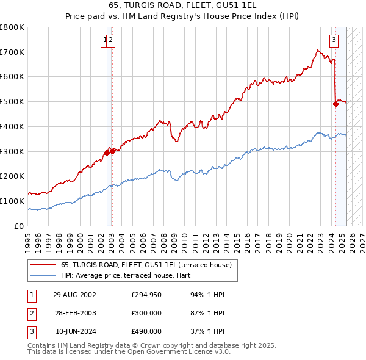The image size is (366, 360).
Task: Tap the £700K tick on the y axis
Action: pos(12,52)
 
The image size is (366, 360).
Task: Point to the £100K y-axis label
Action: pos(12,201)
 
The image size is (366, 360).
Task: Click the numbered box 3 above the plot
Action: pos(334,41)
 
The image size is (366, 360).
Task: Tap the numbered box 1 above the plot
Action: pos(105,41)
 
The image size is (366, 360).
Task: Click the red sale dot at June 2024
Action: pos(335,104)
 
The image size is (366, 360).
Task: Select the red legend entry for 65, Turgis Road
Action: pos(146,265)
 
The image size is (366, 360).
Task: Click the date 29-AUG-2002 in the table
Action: pos(74,295)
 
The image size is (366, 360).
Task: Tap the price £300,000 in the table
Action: pos(146,313)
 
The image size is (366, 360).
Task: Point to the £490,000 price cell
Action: pos(146,331)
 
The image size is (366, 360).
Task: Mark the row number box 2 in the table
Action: pos(31,313)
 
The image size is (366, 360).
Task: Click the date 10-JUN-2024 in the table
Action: pos(74,331)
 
